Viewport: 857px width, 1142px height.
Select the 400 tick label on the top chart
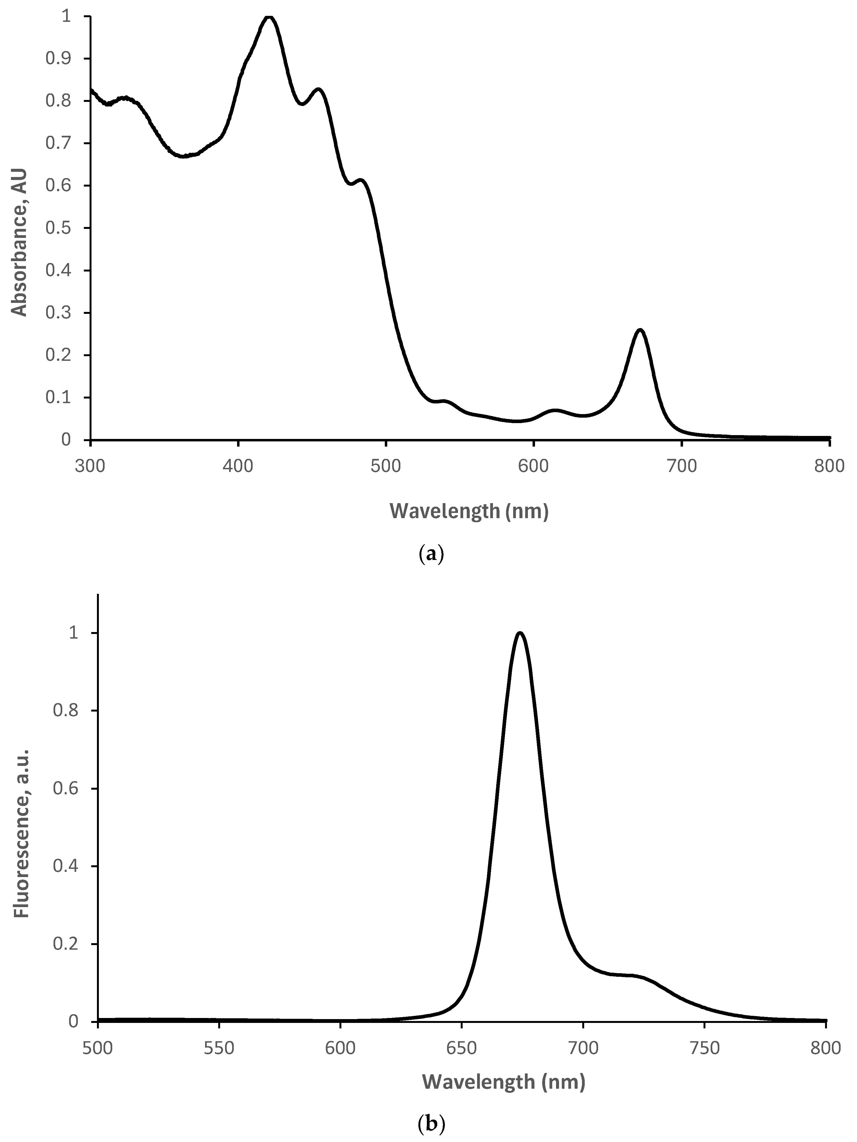(238, 466)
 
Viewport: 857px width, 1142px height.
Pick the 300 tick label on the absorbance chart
(90, 466)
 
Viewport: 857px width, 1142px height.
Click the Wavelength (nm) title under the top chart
(469, 511)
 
